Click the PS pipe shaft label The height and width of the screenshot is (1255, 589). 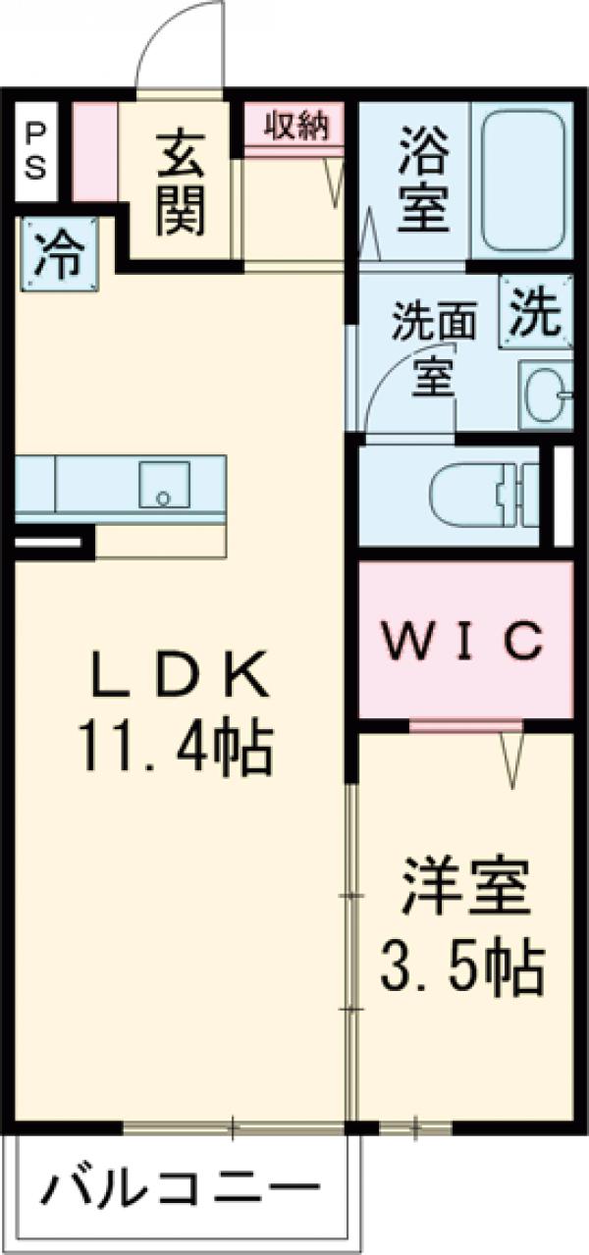point(34,150)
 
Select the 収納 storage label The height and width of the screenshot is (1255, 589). point(294,127)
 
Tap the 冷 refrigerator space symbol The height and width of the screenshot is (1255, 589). point(58,255)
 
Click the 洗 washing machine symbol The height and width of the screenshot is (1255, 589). point(536,312)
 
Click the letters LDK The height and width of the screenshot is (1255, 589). point(179,677)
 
